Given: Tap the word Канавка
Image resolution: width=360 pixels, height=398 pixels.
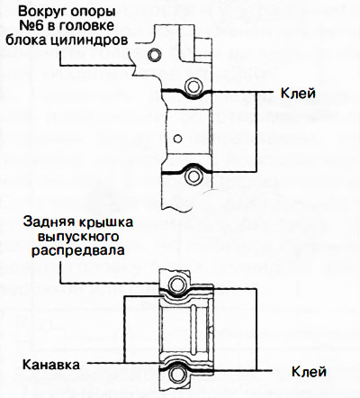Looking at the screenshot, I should [51, 366].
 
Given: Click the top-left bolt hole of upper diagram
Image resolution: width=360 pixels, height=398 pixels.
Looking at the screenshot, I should [158, 56].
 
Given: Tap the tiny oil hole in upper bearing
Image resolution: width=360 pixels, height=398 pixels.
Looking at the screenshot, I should [178, 138].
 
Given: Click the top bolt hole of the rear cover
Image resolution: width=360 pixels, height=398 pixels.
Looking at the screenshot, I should [177, 286].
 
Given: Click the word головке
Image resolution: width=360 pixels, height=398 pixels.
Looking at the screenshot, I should [103, 25].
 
